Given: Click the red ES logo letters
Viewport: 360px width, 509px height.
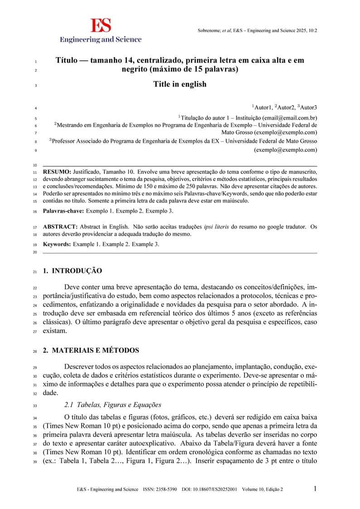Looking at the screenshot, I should point(100,25).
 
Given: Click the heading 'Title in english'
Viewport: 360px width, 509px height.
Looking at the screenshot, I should point(180,84).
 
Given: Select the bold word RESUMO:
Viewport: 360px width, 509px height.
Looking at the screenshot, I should point(57,172).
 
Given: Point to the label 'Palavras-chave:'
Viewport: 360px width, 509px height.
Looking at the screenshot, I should point(63,211).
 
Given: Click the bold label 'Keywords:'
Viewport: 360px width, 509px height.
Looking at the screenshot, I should point(57,244).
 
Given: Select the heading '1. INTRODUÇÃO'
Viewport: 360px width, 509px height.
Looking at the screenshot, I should point(72,271).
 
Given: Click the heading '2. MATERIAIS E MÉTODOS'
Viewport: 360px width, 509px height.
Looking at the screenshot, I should point(91,351).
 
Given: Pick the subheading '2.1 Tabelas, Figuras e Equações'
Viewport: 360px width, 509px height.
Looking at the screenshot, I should point(112,405).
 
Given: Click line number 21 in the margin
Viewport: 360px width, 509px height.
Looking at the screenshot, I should point(34,272).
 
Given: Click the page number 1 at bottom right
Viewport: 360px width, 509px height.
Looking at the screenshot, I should point(315,489).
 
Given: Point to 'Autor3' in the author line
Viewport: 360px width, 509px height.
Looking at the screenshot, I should point(308,107).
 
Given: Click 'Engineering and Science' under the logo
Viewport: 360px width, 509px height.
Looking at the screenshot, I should point(101,39).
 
